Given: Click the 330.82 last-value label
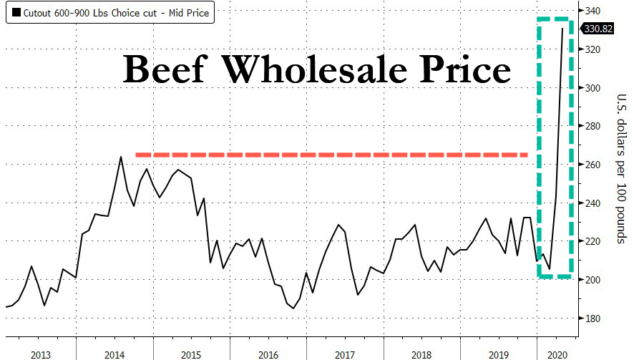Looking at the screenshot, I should point(597,29).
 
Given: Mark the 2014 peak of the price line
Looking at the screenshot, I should point(120,157).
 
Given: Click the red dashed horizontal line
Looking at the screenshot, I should point(329,154).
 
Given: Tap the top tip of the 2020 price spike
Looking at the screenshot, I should point(562,29).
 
